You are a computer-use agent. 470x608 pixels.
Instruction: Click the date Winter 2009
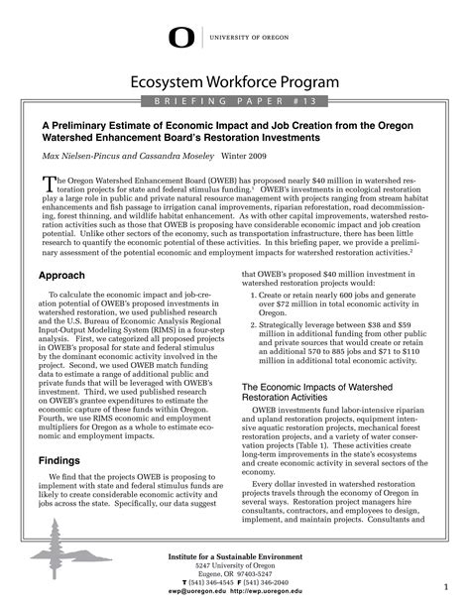244,156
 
